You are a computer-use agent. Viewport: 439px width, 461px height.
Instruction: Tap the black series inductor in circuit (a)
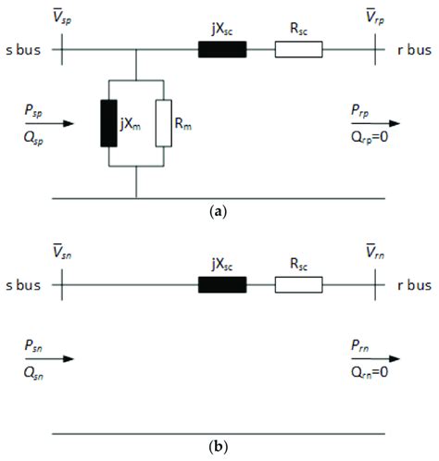coord(222,49)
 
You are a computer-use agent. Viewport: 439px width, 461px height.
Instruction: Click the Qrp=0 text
coord(373,136)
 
